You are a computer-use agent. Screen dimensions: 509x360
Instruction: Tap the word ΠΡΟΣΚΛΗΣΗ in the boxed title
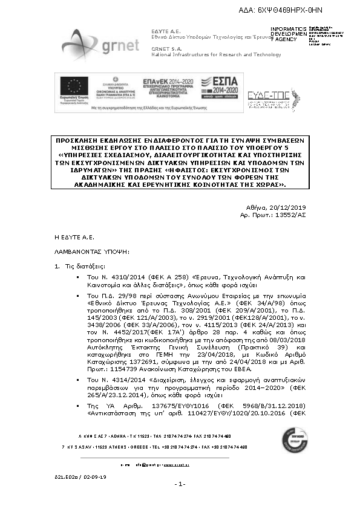80,139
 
